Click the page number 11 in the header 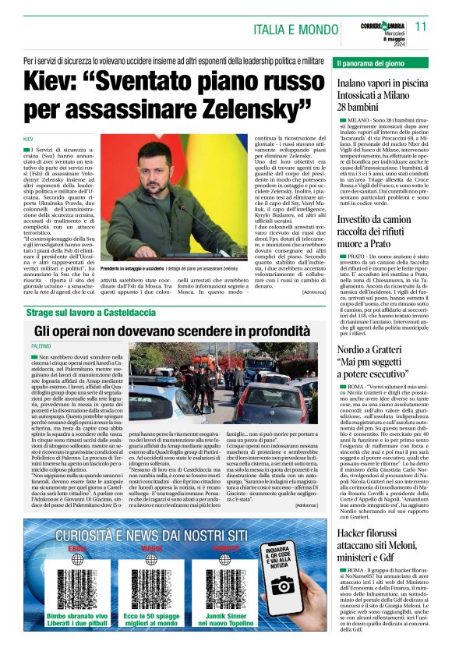[x=422, y=26]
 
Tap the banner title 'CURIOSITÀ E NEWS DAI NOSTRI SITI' [x=153, y=536]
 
